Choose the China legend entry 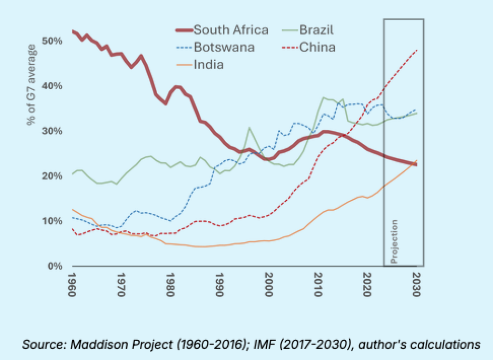317,47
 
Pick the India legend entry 208,64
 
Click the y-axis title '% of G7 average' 32,85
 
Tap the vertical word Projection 394,241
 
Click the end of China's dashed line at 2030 416,50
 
